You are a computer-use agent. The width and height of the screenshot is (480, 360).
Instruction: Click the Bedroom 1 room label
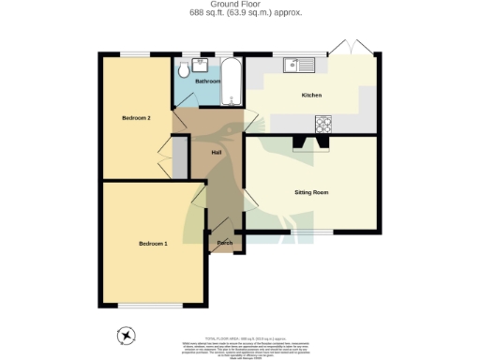click(153, 244)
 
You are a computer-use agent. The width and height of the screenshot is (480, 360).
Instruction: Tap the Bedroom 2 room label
click(136, 118)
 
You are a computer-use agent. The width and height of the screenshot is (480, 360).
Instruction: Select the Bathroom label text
click(207, 82)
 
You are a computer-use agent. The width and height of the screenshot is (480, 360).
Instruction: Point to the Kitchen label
click(311, 96)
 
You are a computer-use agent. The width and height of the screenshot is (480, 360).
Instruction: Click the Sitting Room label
click(311, 192)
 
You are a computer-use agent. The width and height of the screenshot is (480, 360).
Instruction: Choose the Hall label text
click(216, 152)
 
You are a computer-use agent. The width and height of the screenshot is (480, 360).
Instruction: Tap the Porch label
click(224, 243)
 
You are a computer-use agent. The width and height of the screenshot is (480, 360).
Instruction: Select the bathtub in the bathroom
click(232, 83)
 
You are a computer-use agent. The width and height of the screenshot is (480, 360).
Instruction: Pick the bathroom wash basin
click(200, 65)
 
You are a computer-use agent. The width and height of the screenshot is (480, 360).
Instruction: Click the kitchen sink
click(299, 65)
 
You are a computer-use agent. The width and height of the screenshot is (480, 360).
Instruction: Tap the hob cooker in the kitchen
click(323, 121)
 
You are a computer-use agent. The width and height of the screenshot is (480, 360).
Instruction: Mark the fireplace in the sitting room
click(310, 143)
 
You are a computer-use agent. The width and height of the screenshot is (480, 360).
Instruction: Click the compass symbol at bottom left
click(126, 335)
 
